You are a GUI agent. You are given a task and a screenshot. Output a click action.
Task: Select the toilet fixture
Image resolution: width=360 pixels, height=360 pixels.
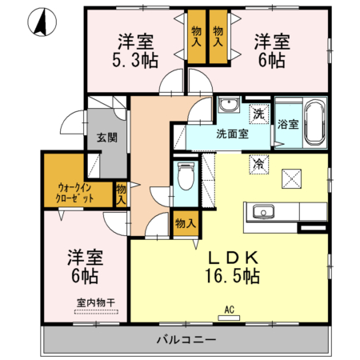click(x=185, y=174)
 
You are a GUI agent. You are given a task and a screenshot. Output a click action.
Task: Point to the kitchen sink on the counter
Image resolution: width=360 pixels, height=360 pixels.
click(x=262, y=212)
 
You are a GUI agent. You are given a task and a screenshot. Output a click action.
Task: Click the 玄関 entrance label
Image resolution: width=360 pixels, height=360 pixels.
click(x=107, y=137)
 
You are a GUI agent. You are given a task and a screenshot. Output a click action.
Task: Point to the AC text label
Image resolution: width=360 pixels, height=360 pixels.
click(x=228, y=310)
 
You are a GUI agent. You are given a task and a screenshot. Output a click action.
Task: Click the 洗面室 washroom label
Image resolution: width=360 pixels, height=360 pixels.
click(x=231, y=134)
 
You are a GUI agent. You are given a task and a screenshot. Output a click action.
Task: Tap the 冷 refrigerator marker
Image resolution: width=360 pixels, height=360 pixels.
click(x=258, y=162)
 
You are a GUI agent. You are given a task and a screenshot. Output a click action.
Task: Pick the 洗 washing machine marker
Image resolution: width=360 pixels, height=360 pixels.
click(x=258, y=113)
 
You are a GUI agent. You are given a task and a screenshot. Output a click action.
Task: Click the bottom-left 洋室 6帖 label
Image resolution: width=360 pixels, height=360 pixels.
click(x=82, y=266)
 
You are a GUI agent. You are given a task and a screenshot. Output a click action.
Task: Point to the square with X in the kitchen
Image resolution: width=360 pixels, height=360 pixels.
click(x=292, y=178)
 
